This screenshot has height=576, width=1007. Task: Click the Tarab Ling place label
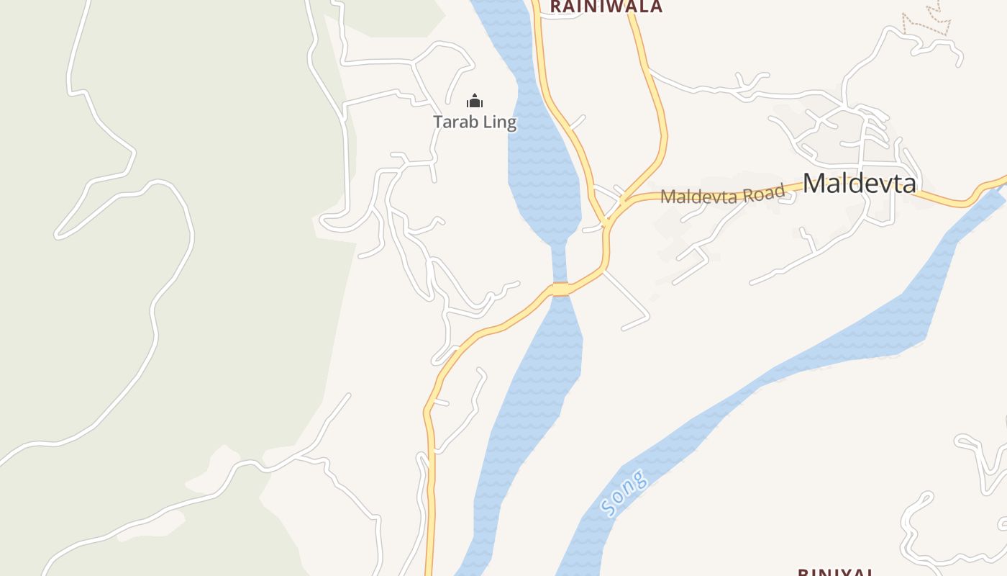point(475,122)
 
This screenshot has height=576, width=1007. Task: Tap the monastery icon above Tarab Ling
point(475,101)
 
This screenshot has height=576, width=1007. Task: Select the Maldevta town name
point(860,183)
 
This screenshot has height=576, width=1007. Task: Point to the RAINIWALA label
point(606,6)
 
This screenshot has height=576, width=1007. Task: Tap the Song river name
point(623,494)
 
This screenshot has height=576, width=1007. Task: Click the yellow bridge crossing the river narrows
point(560,289)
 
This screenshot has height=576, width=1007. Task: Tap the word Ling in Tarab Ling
point(500,122)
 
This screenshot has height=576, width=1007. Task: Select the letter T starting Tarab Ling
point(438,122)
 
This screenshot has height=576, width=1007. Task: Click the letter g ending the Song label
point(639,478)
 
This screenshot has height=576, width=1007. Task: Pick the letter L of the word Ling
point(487,122)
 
